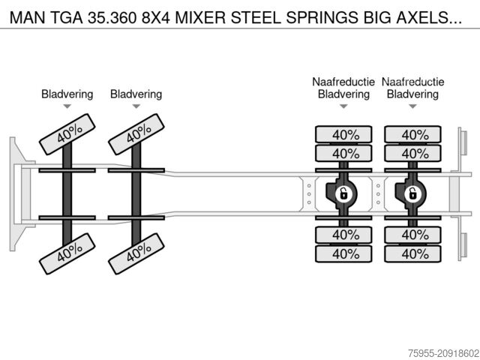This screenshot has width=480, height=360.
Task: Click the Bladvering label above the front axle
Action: [67, 94]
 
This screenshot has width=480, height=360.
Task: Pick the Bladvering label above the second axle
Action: [136, 94]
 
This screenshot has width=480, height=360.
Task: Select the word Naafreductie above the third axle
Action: [343, 81]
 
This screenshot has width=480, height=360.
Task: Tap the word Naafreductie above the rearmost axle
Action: [412, 81]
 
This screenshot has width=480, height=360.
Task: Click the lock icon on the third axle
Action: [343, 193]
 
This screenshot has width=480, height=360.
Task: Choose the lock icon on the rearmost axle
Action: [412, 193]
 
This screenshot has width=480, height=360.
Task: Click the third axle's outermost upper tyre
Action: [344, 135]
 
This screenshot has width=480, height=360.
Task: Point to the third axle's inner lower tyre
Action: [344, 234]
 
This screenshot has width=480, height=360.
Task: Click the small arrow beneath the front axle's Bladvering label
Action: [67, 106]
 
